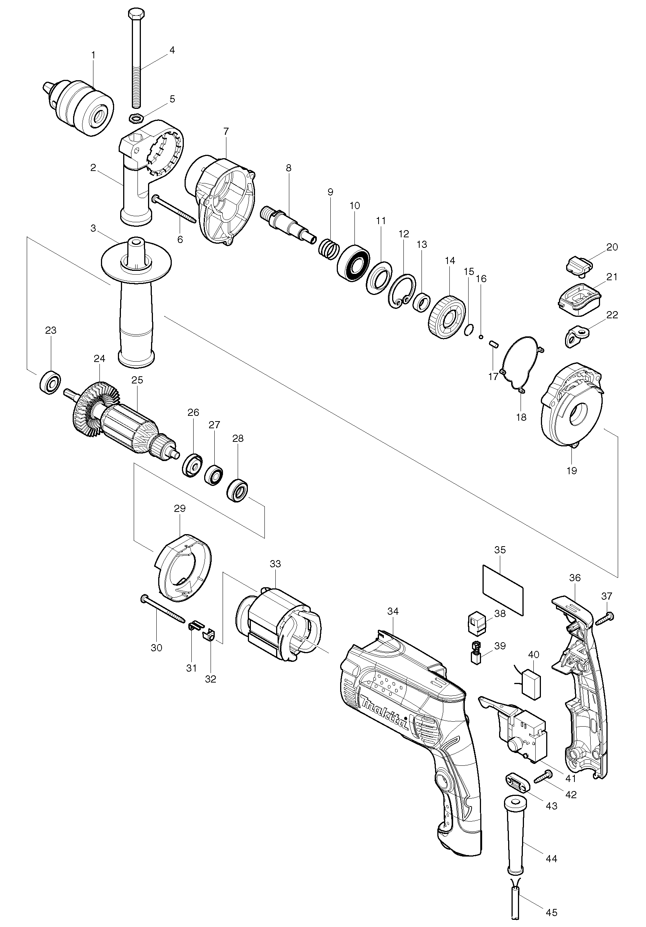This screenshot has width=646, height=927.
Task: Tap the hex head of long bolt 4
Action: tap(134, 13)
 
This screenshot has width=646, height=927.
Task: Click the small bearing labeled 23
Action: tap(50, 381)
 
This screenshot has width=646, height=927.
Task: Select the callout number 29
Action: tap(180, 509)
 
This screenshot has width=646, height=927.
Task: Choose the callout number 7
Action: tap(226, 131)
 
